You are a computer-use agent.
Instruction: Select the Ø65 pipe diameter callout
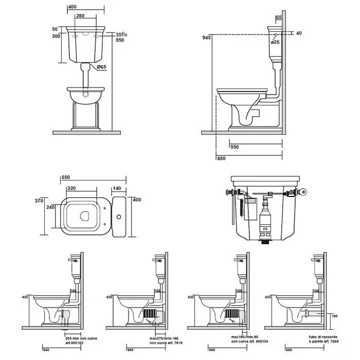[101, 66]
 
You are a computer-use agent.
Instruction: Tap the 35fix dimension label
[121, 33]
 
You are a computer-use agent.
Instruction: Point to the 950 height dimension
[121, 40]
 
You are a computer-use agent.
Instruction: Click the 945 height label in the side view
[206, 38]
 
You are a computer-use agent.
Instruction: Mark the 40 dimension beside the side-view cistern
[298, 33]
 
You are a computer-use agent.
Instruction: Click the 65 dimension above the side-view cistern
[279, 17]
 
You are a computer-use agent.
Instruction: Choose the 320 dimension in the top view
[71, 188]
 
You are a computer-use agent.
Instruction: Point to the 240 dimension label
[50, 208]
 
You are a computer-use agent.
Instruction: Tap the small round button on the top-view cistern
[119, 217]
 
